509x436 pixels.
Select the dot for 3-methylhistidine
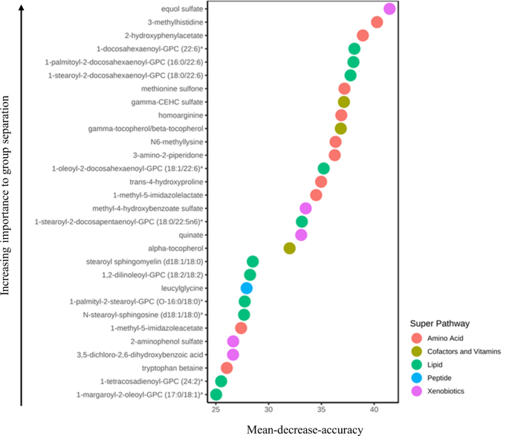[x=377, y=22]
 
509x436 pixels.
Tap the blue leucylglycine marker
[x=247, y=288]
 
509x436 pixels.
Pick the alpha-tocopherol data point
[x=290, y=248]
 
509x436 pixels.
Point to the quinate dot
[x=301, y=235]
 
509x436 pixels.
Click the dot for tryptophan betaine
[x=227, y=368]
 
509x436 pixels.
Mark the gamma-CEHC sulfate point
[x=343, y=102]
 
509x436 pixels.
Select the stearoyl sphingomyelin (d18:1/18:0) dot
[x=253, y=261]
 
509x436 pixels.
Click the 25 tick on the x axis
[x=216, y=409]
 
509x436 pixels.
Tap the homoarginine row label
[x=181, y=115]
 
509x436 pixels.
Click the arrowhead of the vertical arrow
[x=22, y=7]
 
